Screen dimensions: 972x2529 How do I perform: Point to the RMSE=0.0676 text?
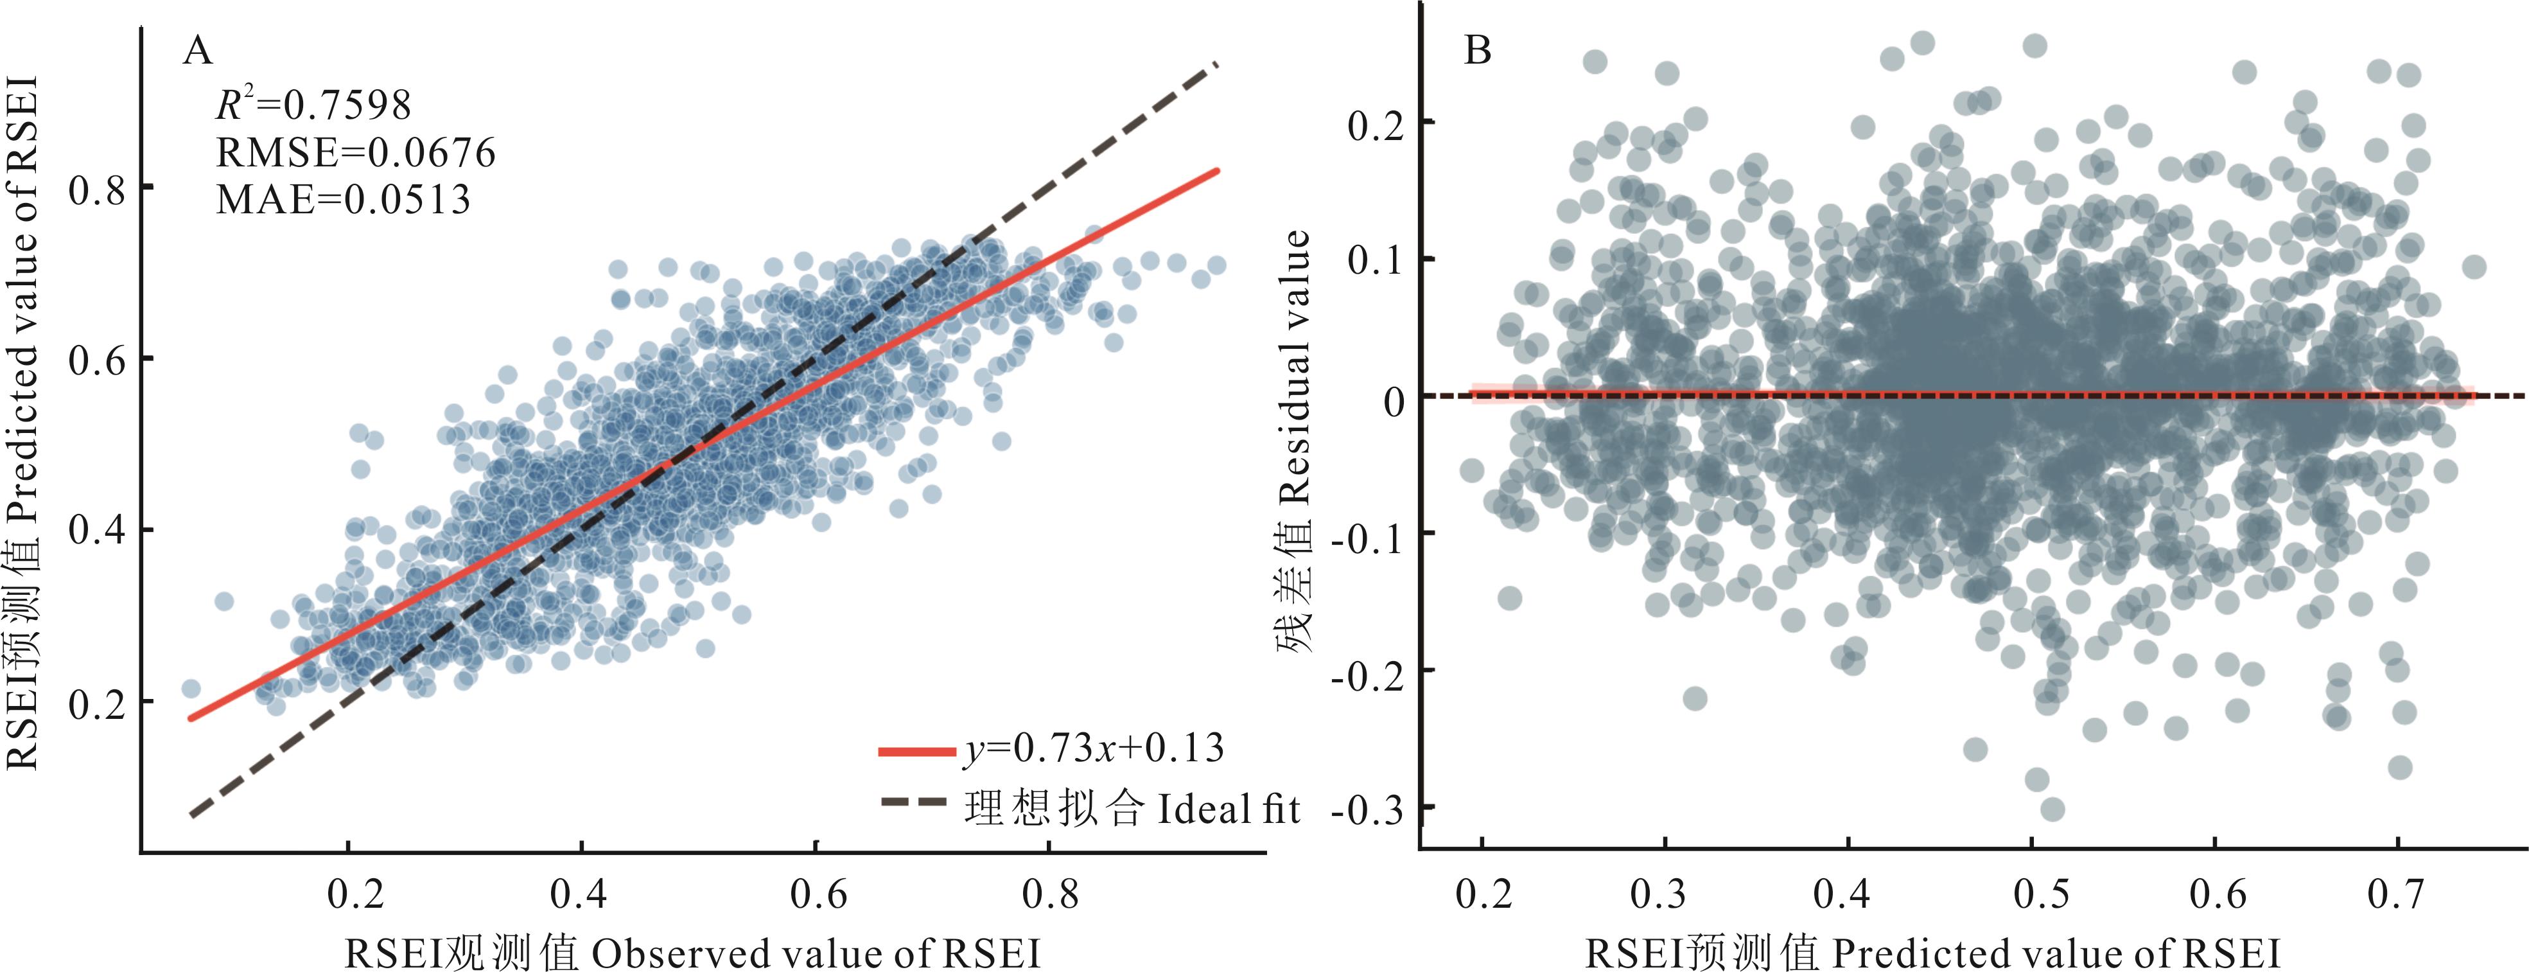click(x=355, y=152)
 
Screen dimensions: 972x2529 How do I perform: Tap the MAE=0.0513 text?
click(x=343, y=199)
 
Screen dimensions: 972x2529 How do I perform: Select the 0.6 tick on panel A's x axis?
click(x=818, y=894)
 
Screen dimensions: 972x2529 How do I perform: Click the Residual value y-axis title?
click(x=1296, y=442)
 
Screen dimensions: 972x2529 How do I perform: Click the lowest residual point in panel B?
click(x=2052, y=809)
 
